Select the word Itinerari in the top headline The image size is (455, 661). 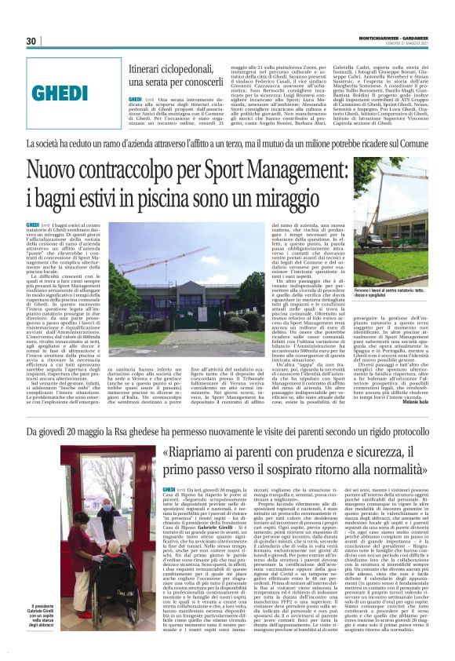(147, 70)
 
